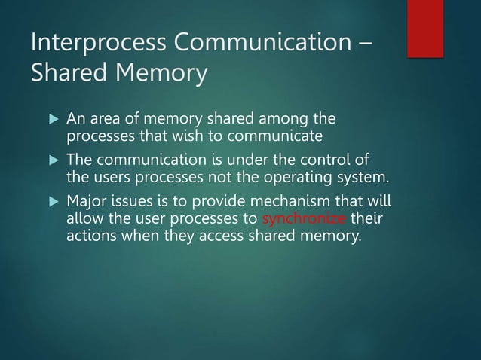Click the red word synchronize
(x=303, y=220)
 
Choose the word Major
(x=87, y=203)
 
